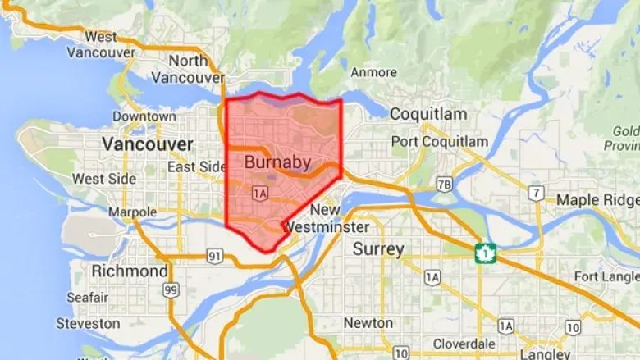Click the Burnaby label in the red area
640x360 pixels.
point(277,162)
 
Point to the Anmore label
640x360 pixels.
point(373,72)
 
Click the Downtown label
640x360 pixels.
point(144,116)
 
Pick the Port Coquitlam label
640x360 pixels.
point(439,142)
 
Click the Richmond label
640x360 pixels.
point(130,271)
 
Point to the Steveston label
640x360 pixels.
point(93,324)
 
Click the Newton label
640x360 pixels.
point(368,323)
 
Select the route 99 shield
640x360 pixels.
point(171,289)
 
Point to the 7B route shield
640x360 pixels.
point(444,183)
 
